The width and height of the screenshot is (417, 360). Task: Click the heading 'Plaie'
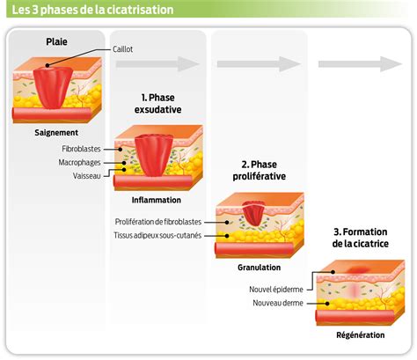57,41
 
